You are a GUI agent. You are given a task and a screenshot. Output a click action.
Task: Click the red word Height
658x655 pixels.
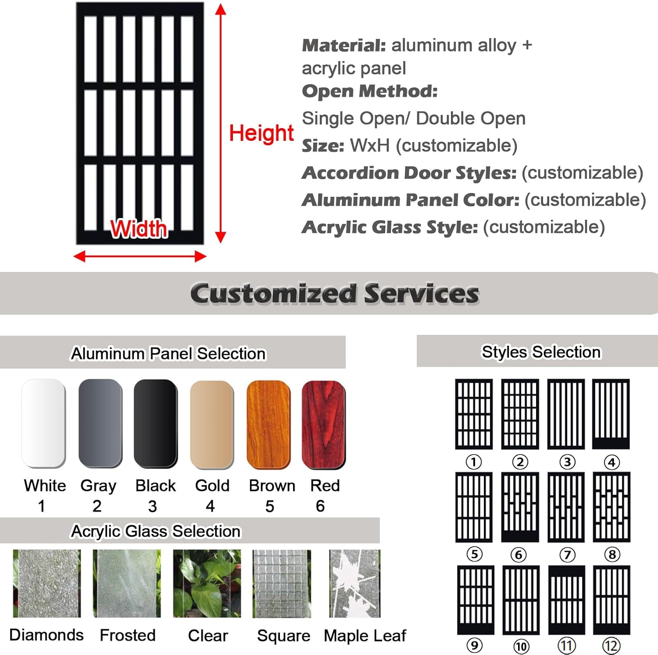pos(261,133)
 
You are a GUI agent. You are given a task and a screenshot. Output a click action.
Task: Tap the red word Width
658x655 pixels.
pos(139,229)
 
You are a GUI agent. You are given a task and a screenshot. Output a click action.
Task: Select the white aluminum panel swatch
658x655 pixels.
pos(43,423)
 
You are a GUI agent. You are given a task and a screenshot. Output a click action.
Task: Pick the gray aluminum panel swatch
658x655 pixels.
pos(100,423)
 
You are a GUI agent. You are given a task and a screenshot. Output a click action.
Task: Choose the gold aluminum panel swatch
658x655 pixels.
pos(212,424)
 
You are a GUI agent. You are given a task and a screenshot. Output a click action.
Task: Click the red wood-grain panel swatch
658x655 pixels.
pos(324,424)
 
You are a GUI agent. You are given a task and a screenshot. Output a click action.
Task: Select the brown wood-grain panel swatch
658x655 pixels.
pos(268,424)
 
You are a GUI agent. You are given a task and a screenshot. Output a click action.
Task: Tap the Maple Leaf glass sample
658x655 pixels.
pos(354,583)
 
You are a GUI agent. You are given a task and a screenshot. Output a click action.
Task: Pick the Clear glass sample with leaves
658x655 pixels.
pos(207,583)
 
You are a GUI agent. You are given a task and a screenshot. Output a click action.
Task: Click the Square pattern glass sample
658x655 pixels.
pos(282,583)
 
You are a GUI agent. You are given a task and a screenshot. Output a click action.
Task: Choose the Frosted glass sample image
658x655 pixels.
pos(127,583)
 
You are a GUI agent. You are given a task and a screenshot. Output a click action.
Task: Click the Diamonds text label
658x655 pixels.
pos(46,635)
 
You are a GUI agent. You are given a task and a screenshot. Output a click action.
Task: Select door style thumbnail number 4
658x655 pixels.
pos(611,414)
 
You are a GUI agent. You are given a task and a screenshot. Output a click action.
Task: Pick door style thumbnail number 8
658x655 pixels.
pos(612,507)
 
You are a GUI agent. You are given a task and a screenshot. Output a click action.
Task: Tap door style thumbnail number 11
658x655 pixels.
pos(566,599)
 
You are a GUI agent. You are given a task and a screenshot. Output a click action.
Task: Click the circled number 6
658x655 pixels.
pos(519,555)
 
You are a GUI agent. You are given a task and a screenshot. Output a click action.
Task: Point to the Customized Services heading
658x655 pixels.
pos(334,293)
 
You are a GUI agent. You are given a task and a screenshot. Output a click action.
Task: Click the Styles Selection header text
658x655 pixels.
pos(541,352)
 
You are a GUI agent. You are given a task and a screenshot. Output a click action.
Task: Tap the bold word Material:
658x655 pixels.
pos(344,45)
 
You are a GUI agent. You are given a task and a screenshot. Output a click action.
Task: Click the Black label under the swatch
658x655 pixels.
pos(155,486)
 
